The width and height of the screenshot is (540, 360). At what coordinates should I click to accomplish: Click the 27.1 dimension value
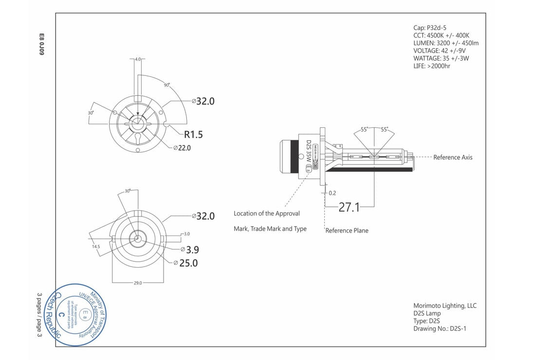coord(349,207)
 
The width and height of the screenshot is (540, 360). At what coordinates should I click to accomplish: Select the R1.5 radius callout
coord(193,134)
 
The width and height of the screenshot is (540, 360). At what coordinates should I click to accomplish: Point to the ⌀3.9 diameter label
coord(189,250)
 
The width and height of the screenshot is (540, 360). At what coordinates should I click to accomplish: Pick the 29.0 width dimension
coord(138,283)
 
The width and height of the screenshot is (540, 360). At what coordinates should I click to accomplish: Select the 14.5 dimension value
coord(96,247)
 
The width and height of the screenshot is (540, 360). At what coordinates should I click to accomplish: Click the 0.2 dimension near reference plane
coord(332,193)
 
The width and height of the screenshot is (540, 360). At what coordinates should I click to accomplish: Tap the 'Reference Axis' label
coord(452,157)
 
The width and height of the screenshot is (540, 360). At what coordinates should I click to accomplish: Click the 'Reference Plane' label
coord(347,231)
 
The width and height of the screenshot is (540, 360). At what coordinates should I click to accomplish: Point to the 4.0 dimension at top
coord(138,59)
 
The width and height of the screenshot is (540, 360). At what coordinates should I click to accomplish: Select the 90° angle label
coord(167,85)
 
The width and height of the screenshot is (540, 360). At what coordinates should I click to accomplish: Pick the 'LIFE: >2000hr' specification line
coord(431,66)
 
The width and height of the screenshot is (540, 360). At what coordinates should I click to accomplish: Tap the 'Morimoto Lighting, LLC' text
coord(445,306)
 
